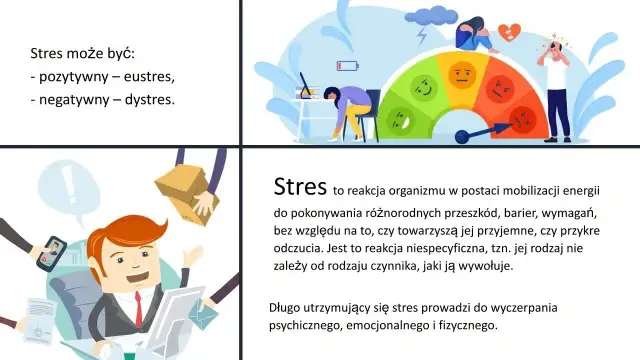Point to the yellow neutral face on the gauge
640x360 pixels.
pyautogui.click(x=461, y=73)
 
